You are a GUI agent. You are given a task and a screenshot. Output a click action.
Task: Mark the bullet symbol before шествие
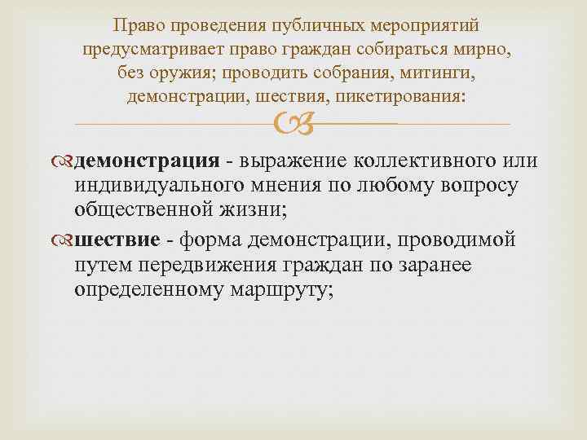(66, 240)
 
